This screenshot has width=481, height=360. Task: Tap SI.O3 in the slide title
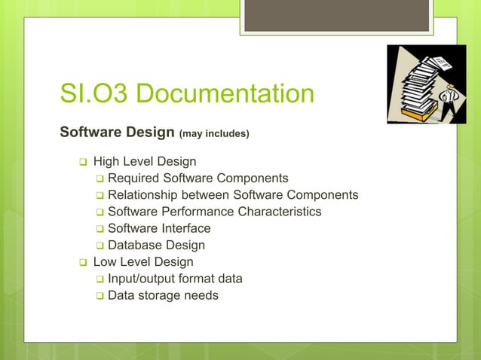click(x=97, y=94)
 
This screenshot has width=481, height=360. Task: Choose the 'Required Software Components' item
click(x=198, y=178)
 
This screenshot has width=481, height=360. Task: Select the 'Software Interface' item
click(x=159, y=228)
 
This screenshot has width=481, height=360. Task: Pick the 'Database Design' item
click(x=156, y=245)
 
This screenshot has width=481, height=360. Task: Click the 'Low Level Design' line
click(x=143, y=262)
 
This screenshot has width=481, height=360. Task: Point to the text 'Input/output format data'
click(x=175, y=279)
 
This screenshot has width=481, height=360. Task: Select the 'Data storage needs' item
click(x=163, y=295)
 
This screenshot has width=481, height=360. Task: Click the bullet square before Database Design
click(x=100, y=246)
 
